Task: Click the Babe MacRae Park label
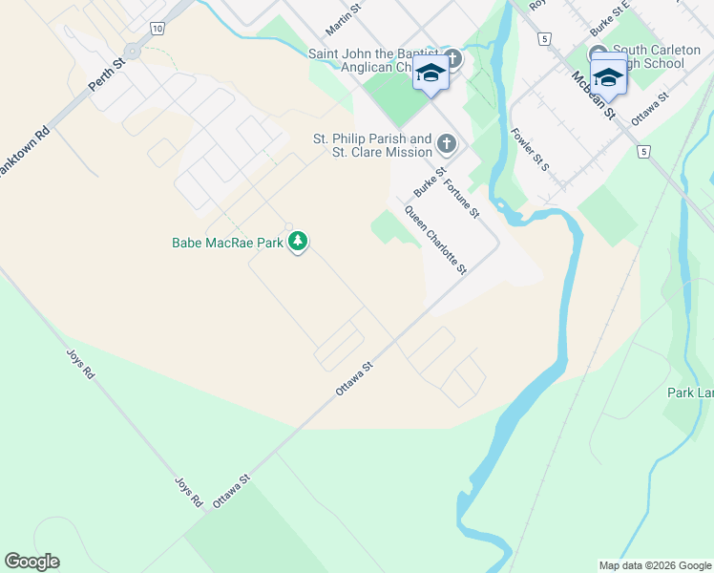click(x=227, y=244)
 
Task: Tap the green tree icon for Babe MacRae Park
click(x=299, y=243)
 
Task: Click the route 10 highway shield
click(x=157, y=30)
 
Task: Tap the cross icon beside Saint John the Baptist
click(x=451, y=59)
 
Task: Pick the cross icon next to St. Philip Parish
click(x=446, y=145)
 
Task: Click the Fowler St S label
click(x=531, y=149)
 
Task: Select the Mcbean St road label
click(x=594, y=94)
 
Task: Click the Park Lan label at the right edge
click(x=690, y=393)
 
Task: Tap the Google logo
click(x=31, y=562)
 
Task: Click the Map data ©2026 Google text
click(x=654, y=564)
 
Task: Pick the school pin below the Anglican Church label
click(x=431, y=75)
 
